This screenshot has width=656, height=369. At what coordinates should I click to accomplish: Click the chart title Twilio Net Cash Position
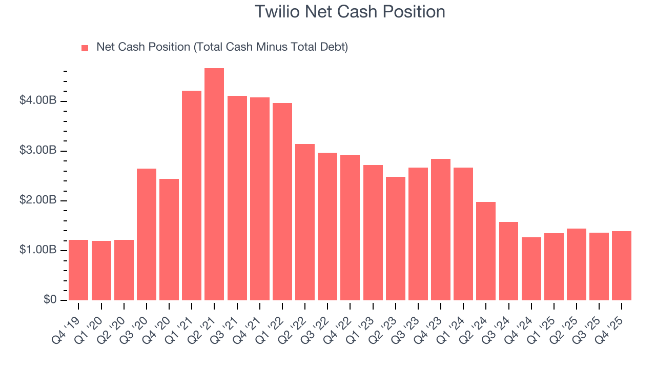tap(350, 11)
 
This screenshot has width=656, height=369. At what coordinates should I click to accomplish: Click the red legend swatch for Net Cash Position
tap(85, 48)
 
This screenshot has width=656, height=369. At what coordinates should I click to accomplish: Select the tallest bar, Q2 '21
tap(214, 184)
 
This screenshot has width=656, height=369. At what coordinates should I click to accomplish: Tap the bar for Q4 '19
tap(78, 270)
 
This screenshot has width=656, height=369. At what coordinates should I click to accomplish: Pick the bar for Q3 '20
tap(147, 234)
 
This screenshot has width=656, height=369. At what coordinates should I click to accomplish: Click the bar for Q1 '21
tap(192, 195)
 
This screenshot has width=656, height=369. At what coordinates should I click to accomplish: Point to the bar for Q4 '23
tap(441, 230)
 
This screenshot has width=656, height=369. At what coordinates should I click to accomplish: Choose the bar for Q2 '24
tap(486, 251)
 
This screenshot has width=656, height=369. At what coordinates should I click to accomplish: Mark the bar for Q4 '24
tap(531, 269)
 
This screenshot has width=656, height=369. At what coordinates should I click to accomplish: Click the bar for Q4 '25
tap(622, 265)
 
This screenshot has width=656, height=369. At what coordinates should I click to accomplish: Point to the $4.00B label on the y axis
tap(38, 101)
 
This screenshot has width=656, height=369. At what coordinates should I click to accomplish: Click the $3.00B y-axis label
tap(38, 151)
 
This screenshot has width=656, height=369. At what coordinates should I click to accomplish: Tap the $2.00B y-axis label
tap(38, 200)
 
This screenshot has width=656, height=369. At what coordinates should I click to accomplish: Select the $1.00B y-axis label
tap(38, 250)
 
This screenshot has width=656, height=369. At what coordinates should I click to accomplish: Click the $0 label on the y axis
tap(50, 300)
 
